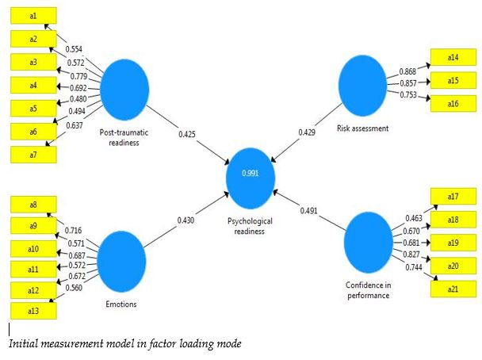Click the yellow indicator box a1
click(x=33, y=16)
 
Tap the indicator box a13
click(x=33, y=310)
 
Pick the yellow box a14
click(x=453, y=58)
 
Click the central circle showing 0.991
click(x=250, y=174)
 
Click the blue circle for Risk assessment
click(x=367, y=85)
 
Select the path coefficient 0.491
click(x=310, y=210)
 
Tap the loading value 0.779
click(x=77, y=75)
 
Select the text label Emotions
click(x=120, y=304)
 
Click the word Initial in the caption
click(x=24, y=344)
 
